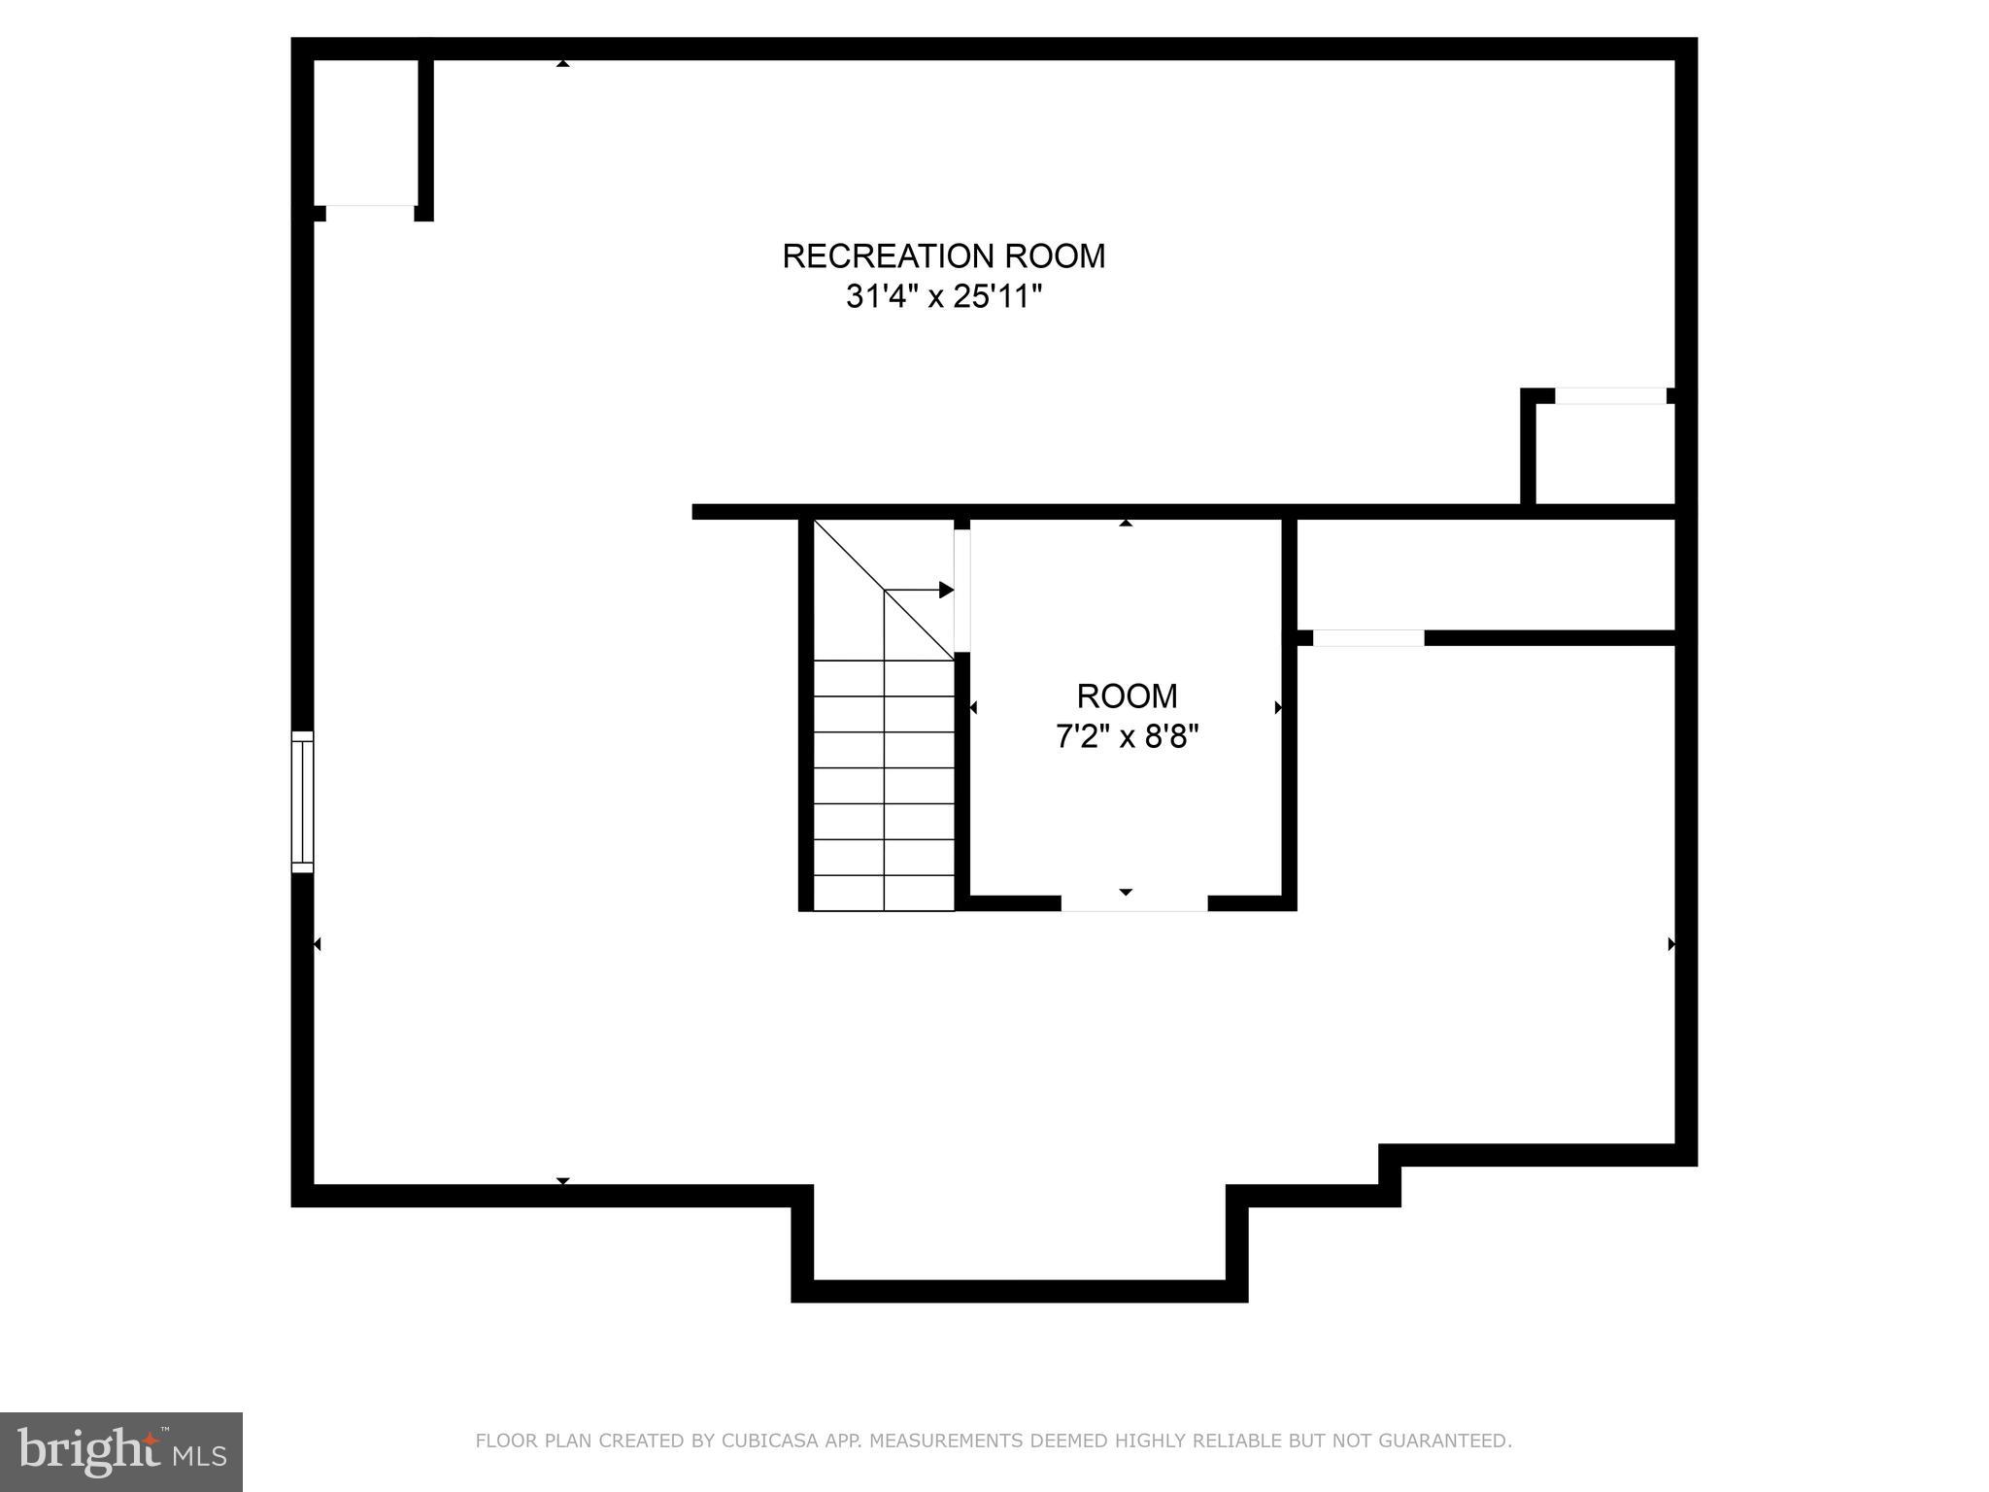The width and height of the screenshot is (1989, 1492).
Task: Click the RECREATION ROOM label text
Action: pyautogui.click(x=943, y=256)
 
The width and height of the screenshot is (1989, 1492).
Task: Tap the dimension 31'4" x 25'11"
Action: pyautogui.click(x=943, y=296)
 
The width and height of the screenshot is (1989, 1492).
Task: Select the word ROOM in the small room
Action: pyautogui.click(x=1127, y=696)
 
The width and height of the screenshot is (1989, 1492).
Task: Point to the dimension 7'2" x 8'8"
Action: pyautogui.click(x=1127, y=737)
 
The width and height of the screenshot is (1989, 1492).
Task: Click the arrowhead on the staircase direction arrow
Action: pyautogui.click(x=946, y=590)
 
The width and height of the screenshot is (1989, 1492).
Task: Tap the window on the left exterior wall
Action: pyautogui.click(x=303, y=801)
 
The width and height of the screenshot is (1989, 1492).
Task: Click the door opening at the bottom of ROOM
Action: pyautogui.click(x=1133, y=903)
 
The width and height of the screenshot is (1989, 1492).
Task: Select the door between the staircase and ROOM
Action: pyautogui.click(x=962, y=590)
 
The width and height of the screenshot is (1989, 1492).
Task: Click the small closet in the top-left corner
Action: pyautogui.click(x=366, y=131)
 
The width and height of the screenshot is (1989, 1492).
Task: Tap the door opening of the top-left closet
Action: pyautogui.click(x=370, y=213)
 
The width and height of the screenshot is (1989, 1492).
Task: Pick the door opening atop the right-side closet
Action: pyautogui.click(x=1610, y=396)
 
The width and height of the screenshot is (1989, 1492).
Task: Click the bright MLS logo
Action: pyautogui.click(x=120, y=1451)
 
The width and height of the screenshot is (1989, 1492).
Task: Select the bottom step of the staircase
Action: pyautogui.click(x=884, y=894)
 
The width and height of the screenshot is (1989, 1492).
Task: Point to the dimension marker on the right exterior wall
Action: pyautogui.click(x=1671, y=944)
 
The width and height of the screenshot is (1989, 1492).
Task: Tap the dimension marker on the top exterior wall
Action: pyautogui.click(x=562, y=63)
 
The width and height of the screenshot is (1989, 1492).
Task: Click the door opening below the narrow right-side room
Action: pyautogui.click(x=1368, y=638)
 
